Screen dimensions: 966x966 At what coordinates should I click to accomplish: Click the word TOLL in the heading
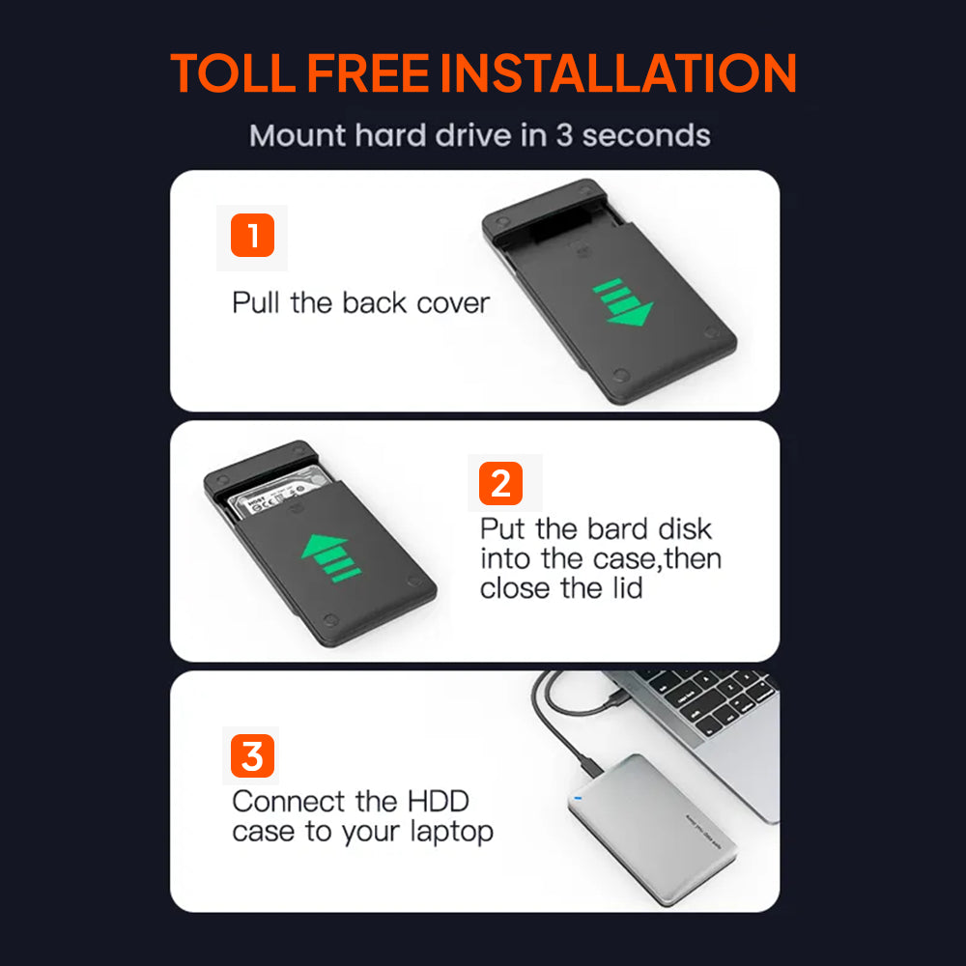point(232,73)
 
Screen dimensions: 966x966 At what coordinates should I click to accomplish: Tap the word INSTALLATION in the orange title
point(618,73)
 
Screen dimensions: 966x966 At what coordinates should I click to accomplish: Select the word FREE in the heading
point(368,73)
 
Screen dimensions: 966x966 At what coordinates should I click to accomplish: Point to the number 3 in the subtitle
point(564,135)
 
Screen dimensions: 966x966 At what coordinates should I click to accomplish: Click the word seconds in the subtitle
point(646,135)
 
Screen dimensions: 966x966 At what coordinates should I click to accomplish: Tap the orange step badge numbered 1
point(252,236)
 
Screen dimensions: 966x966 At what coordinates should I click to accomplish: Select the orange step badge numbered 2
point(500,484)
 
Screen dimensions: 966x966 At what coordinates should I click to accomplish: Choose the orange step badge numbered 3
point(252,756)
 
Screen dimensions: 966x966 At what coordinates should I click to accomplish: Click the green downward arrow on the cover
point(623,303)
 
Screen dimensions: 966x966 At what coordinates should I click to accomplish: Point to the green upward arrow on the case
point(330,557)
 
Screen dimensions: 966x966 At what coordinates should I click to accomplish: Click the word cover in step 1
point(453,303)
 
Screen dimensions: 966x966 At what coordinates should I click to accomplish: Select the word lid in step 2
point(627,587)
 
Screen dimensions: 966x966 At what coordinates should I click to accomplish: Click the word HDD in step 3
point(438,802)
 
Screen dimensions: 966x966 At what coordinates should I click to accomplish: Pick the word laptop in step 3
point(451,833)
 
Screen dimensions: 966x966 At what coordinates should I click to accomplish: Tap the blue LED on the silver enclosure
point(578,799)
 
